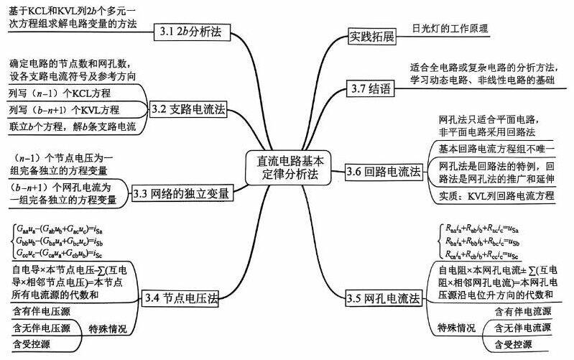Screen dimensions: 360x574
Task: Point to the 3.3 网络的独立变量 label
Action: (183, 193)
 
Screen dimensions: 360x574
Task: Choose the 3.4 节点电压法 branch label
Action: (180, 298)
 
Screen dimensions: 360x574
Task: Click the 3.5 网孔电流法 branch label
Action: (383, 298)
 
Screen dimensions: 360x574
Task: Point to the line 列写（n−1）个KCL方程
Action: (58, 93)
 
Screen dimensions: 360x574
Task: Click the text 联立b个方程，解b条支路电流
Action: (72, 126)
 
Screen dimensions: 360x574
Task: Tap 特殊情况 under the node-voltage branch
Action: (108, 328)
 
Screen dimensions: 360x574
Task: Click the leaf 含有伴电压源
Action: (42, 311)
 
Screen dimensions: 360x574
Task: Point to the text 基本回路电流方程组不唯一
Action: (496, 148)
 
